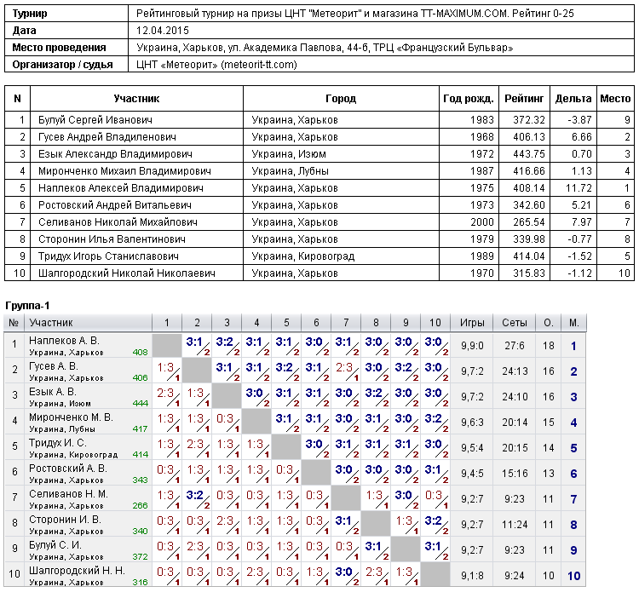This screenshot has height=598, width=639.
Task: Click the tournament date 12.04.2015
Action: [163, 31]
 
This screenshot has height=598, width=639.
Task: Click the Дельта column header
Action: [573, 99]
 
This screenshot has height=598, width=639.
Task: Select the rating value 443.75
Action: [529, 154]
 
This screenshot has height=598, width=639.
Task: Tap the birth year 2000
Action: [482, 222]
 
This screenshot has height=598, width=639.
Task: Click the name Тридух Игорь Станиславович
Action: [108, 256]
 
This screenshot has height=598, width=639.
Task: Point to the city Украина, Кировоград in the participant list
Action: [303, 256]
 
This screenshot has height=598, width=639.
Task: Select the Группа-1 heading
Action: [27, 306]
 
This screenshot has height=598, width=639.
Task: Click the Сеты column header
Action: [515, 323]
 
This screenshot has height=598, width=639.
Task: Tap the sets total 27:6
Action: [515, 346]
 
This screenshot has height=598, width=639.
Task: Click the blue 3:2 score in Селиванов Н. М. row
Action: [195, 495]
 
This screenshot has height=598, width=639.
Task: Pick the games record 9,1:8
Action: [472, 576]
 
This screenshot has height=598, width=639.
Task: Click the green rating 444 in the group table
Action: [141, 403]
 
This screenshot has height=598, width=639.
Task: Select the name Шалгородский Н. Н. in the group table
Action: [77, 571]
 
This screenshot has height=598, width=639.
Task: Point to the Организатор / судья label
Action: [62, 65]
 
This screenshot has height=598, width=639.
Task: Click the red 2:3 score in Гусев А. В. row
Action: [344, 367]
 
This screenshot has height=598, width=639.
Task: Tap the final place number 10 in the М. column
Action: [573, 576]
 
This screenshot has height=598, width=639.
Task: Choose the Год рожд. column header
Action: [469, 99]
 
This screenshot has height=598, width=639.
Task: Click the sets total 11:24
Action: [515, 525]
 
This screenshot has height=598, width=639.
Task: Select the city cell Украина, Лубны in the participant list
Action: [291, 171]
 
